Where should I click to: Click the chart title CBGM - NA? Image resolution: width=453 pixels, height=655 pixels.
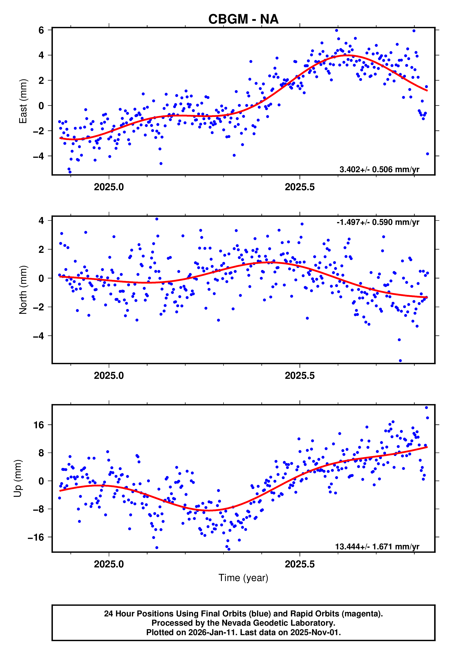coord(243,19)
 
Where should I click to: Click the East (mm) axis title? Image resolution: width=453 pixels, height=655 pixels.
coord(23,101)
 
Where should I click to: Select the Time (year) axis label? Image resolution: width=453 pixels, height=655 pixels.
coord(243,578)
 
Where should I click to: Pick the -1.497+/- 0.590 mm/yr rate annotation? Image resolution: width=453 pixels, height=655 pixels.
coord(378,222)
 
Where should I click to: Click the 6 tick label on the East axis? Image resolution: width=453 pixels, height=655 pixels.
coord(41,30)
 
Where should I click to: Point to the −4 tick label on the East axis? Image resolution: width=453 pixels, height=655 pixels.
coord(39,156)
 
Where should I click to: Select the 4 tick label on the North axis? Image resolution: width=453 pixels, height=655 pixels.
coord(41,221)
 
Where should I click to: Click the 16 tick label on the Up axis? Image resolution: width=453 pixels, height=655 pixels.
coord(39,425)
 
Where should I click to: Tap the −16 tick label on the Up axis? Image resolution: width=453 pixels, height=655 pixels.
coord(36,537)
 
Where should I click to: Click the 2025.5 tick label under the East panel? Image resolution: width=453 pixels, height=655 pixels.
coord(300,187)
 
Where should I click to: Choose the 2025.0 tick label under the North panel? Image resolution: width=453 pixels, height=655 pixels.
coord(109,376)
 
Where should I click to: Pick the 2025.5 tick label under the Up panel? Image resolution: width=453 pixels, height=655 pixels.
coord(300,564)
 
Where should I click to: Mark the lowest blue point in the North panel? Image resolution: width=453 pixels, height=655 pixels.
coord(400,361)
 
